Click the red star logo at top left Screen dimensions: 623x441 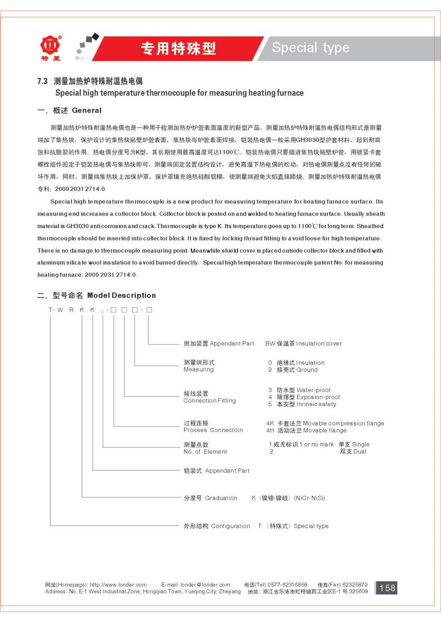tap(50, 45)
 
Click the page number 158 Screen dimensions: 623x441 tap(387, 588)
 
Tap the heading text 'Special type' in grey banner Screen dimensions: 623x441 tap(310, 48)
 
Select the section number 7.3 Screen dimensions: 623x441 tap(42, 81)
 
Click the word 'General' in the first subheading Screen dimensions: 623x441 tap(86, 111)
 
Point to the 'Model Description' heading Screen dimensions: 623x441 tap(121, 295)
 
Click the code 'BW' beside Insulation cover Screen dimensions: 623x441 tap(270, 344)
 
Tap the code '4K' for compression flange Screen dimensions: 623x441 tap(270, 423)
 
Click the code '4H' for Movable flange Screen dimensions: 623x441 tap(270, 430)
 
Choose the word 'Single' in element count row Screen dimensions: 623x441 tap(361, 445)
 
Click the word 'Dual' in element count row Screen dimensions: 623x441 tap(360, 452)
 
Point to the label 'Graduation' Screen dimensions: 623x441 tap(221, 498)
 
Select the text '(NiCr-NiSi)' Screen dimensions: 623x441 tap(309, 498)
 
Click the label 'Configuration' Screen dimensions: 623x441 tap(230, 526)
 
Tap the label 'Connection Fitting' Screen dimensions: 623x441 tap(209, 401)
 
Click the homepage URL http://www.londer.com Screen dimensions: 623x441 tap(118, 585)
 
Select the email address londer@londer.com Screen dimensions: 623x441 tap(205, 585)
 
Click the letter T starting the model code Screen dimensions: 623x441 tap(50, 310)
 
